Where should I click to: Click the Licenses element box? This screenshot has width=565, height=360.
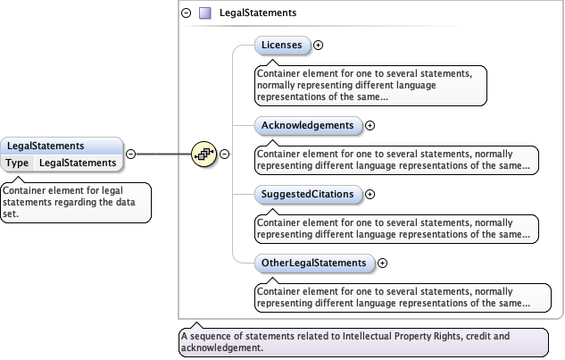pyautogui.click(x=282, y=44)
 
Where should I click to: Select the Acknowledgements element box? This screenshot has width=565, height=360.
pyautogui.click(x=308, y=125)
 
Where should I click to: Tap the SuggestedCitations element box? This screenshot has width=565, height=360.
pyautogui.click(x=308, y=194)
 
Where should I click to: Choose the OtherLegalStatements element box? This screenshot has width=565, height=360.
pyautogui.click(x=313, y=263)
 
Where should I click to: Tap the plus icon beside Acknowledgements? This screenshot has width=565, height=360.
pyautogui.click(x=370, y=126)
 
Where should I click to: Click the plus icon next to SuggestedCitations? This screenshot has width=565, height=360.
pyautogui.click(x=370, y=195)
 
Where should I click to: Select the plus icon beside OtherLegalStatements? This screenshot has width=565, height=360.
pyautogui.click(x=382, y=264)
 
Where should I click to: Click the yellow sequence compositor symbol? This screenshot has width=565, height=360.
pyautogui.click(x=204, y=154)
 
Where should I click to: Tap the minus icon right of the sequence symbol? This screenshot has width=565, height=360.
pyautogui.click(x=225, y=154)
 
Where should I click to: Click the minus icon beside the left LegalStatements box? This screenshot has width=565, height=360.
pyautogui.click(x=130, y=154)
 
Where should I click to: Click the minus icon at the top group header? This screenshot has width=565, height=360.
pyautogui.click(x=187, y=13)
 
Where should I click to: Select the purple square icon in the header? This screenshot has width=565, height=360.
pyautogui.click(x=204, y=13)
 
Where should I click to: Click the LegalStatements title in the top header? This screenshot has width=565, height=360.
pyautogui.click(x=258, y=13)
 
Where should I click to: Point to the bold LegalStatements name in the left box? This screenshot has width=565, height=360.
pyautogui.click(x=46, y=146)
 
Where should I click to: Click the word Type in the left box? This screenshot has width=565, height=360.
pyautogui.click(x=18, y=163)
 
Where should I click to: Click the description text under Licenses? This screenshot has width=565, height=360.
pyautogui.click(x=370, y=85)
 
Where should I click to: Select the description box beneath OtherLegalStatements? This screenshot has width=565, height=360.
pyautogui.click(x=396, y=297)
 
